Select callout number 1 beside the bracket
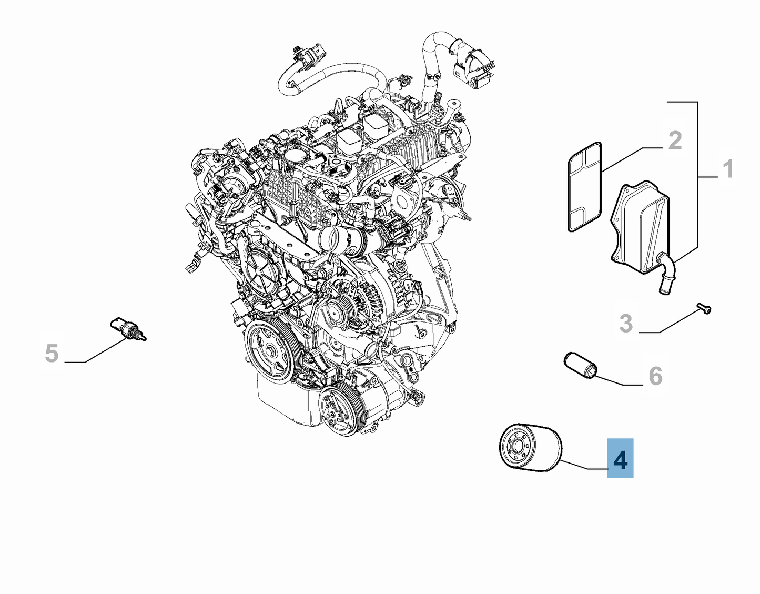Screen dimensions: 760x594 pyautogui.click(x=728, y=169)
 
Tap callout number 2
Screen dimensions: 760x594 pyautogui.click(x=675, y=140)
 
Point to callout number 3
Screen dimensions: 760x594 pyautogui.click(x=626, y=323)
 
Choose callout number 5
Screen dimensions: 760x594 pyautogui.click(x=52, y=353)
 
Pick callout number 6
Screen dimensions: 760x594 pyautogui.click(x=655, y=376)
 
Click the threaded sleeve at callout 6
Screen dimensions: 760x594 pyautogui.click(x=581, y=366)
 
